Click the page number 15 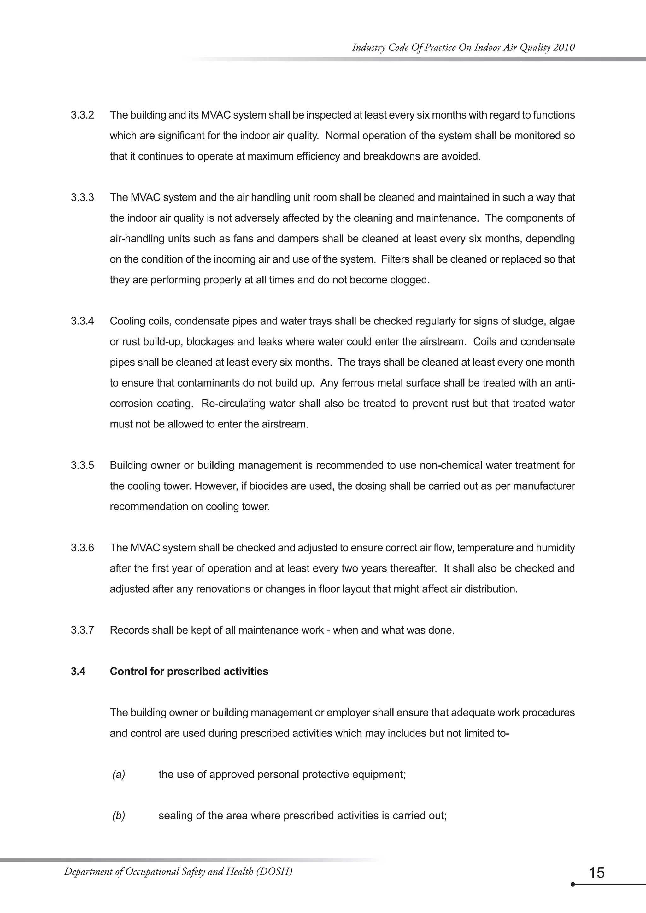tap(596, 873)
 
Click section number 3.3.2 tap(82, 115)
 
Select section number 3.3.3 tap(82, 198)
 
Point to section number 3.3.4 tap(82, 321)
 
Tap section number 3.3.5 tap(82, 466)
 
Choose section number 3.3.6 tap(82, 548)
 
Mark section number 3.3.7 tap(82, 630)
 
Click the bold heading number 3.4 tap(78, 672)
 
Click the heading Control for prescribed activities tap(189, 672)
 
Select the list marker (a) tap(119, 775)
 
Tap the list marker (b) tap(119, 816)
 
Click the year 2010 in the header tap(564, 48)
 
